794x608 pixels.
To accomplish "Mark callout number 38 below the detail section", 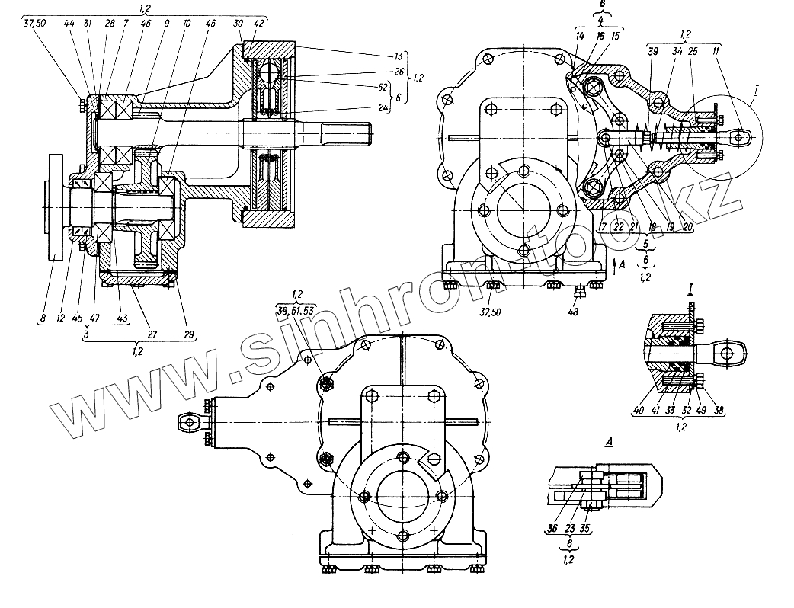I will (719, 410).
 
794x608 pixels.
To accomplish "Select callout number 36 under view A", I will (553, 527).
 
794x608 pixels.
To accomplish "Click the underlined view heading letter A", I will (567, 440).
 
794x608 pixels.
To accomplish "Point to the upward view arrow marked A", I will (615, 264).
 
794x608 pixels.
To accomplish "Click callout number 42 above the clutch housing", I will (259, 24).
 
